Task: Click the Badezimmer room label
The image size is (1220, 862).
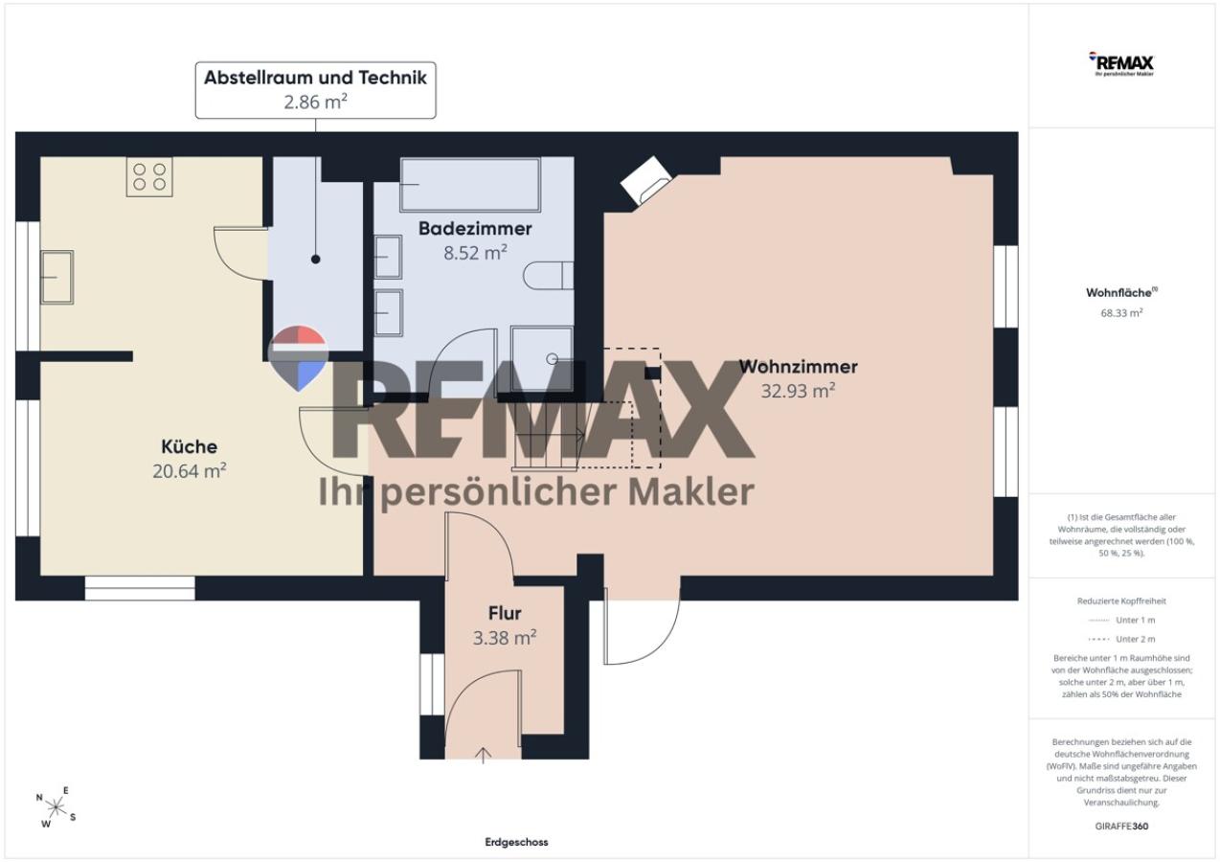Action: (x=475, y=229)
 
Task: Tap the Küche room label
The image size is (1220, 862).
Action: (x=190, y=446)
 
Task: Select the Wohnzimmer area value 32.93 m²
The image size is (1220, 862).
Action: (x=798, y=391)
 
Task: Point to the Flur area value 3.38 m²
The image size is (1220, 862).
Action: (x=505, y=637)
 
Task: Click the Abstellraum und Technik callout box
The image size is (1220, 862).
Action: (x=316, y=90)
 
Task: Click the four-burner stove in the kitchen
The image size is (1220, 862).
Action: (x=149, y=177)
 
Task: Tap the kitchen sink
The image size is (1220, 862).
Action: (x=56, y=277)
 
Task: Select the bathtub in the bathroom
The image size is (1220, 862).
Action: (x=470, y=185)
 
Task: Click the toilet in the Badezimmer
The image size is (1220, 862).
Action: (x=549, y=276)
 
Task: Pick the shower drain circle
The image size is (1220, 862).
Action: (x=553, y=358)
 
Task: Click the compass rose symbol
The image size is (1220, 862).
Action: (x=56, y=806)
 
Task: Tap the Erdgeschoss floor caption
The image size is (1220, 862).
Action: (x=516, y=842)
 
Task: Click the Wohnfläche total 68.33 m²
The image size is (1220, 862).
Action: (x=1121, y=313)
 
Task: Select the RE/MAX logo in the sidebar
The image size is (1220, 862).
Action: (x=1120, y=64)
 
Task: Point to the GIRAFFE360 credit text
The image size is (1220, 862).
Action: (x=1121, y=826)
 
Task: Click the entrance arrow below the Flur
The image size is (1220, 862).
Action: (x=483, y=756)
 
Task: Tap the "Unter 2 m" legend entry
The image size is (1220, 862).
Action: (x=1121, y=639)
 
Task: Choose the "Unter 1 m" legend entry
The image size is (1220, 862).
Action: (x=1121, y=620)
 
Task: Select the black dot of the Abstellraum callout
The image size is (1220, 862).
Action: (x=316, y=260)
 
